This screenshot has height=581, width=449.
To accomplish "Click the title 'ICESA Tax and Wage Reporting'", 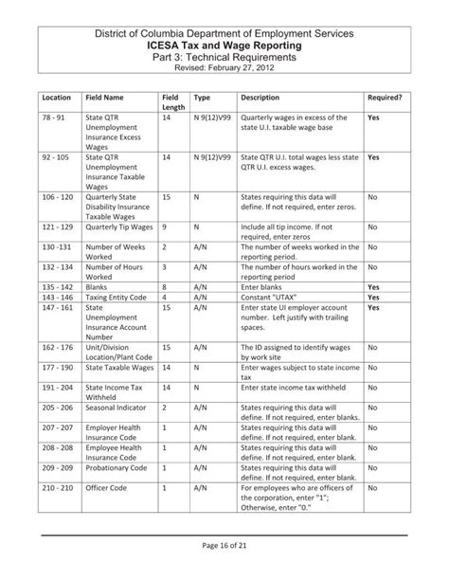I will coord(224,45).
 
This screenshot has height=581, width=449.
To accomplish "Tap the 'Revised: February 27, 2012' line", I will coord(224,68).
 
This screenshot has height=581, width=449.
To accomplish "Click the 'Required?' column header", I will coord(386,98).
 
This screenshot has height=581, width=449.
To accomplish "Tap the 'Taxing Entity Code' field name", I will coord(117,297).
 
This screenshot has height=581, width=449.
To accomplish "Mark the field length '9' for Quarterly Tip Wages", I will coord(165,228).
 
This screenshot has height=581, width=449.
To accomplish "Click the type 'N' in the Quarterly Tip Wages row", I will coord(196,228).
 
